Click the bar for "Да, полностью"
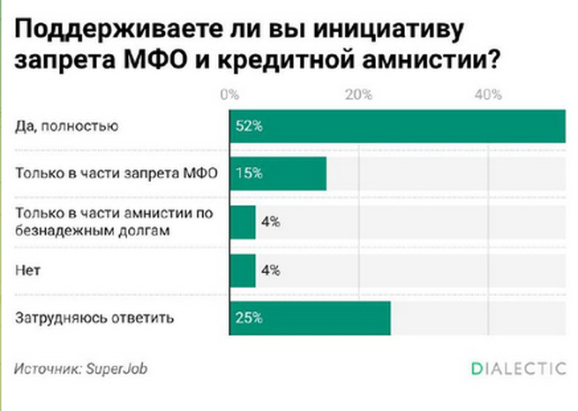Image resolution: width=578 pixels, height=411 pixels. pyautogui.click(x=397, y=126)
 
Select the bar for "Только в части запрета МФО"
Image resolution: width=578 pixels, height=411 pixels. pyautogui.click(x=278, y=173)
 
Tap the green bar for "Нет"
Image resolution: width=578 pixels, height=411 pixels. pyautogui.click(x=242, y=270)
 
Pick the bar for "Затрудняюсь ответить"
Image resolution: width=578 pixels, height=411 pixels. pyautogui.click(x=310, y=317)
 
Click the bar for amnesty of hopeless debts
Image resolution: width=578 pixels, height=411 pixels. pyautogui.click(x=242, y=222)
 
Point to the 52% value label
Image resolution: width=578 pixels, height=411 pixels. pyautogui.click(x=249, y=126)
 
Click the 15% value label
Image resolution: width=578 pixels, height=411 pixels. pyautogui.click(x=248, y=173)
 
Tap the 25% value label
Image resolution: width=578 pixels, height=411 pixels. pyautogui.click(x=249, y=317)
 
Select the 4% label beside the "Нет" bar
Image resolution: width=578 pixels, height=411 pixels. pyautogui.click(x=270, y=270)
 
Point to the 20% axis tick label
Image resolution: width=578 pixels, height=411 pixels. pyautogui.click(x=358, y=95)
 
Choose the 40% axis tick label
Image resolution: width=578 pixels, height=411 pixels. pyautogui.click(x=488, y=95)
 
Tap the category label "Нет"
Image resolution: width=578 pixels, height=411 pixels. pyautogui.click(x=26, y=270)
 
